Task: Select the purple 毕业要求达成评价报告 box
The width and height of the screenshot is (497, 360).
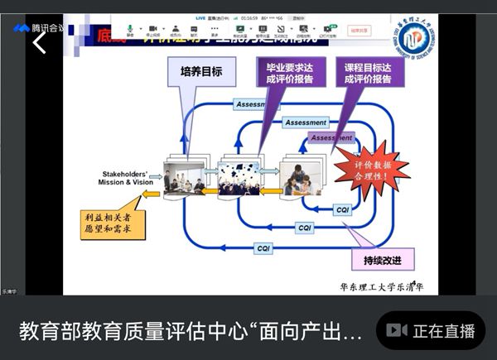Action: (x=284, y=72)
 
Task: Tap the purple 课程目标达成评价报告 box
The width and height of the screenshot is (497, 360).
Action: (x=369, y=72)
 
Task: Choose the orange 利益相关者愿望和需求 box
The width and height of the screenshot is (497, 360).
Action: (x=112, y=223)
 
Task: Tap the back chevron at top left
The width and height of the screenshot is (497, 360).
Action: (x=39, y=43)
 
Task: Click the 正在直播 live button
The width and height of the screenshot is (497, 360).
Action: (x=432, y=331)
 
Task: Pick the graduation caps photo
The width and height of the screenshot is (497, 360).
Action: (x=238, y=178)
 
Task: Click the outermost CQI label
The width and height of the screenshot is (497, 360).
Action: (x=263, y=248)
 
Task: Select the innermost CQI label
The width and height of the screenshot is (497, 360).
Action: (x=343, y=210)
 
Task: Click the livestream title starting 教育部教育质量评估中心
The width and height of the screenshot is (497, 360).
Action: (x=191, y=332)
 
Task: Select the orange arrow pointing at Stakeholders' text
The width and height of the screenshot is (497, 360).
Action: (x=152, y=194)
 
